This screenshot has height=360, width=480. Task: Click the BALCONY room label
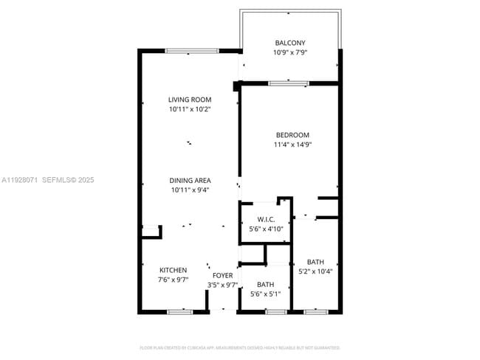point(290,43)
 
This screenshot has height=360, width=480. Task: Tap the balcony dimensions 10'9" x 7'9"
point(290,52)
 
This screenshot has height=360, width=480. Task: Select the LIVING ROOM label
point(190,100)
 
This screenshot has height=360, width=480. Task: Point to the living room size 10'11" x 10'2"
point(190,109)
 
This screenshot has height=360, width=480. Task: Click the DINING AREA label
point(191,180)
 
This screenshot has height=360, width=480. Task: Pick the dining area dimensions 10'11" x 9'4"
point(191,190)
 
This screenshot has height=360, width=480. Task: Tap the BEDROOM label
point(292,135)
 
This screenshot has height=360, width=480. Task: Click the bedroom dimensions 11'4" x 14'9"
point(292,145)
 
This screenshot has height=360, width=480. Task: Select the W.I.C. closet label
point(266,219)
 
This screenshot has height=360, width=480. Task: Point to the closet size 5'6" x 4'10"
point(266,229)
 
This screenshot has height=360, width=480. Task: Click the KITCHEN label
point(174,270)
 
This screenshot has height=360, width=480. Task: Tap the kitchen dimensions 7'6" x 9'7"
point(174,280)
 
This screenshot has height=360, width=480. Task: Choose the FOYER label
point(223,275)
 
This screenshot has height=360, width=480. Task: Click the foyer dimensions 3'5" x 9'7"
point(223,285)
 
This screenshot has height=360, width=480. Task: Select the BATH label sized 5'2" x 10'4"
point(315,262)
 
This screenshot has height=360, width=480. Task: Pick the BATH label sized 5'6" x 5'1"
point(266,285)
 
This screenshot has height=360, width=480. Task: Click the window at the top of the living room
point(191,50)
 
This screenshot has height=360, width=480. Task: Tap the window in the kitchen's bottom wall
point(179,312)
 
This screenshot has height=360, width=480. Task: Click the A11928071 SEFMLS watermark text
point(49,179)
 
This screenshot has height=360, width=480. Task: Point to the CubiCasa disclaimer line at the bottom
point(240,347)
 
